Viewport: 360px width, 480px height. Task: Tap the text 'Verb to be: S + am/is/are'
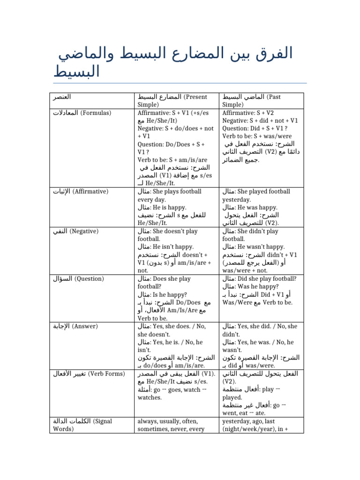[173, 160]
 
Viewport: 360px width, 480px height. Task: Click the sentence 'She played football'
[264, 192]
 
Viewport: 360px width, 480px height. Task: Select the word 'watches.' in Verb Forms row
[150, 398]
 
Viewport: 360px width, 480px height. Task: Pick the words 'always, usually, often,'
[168, 422]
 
